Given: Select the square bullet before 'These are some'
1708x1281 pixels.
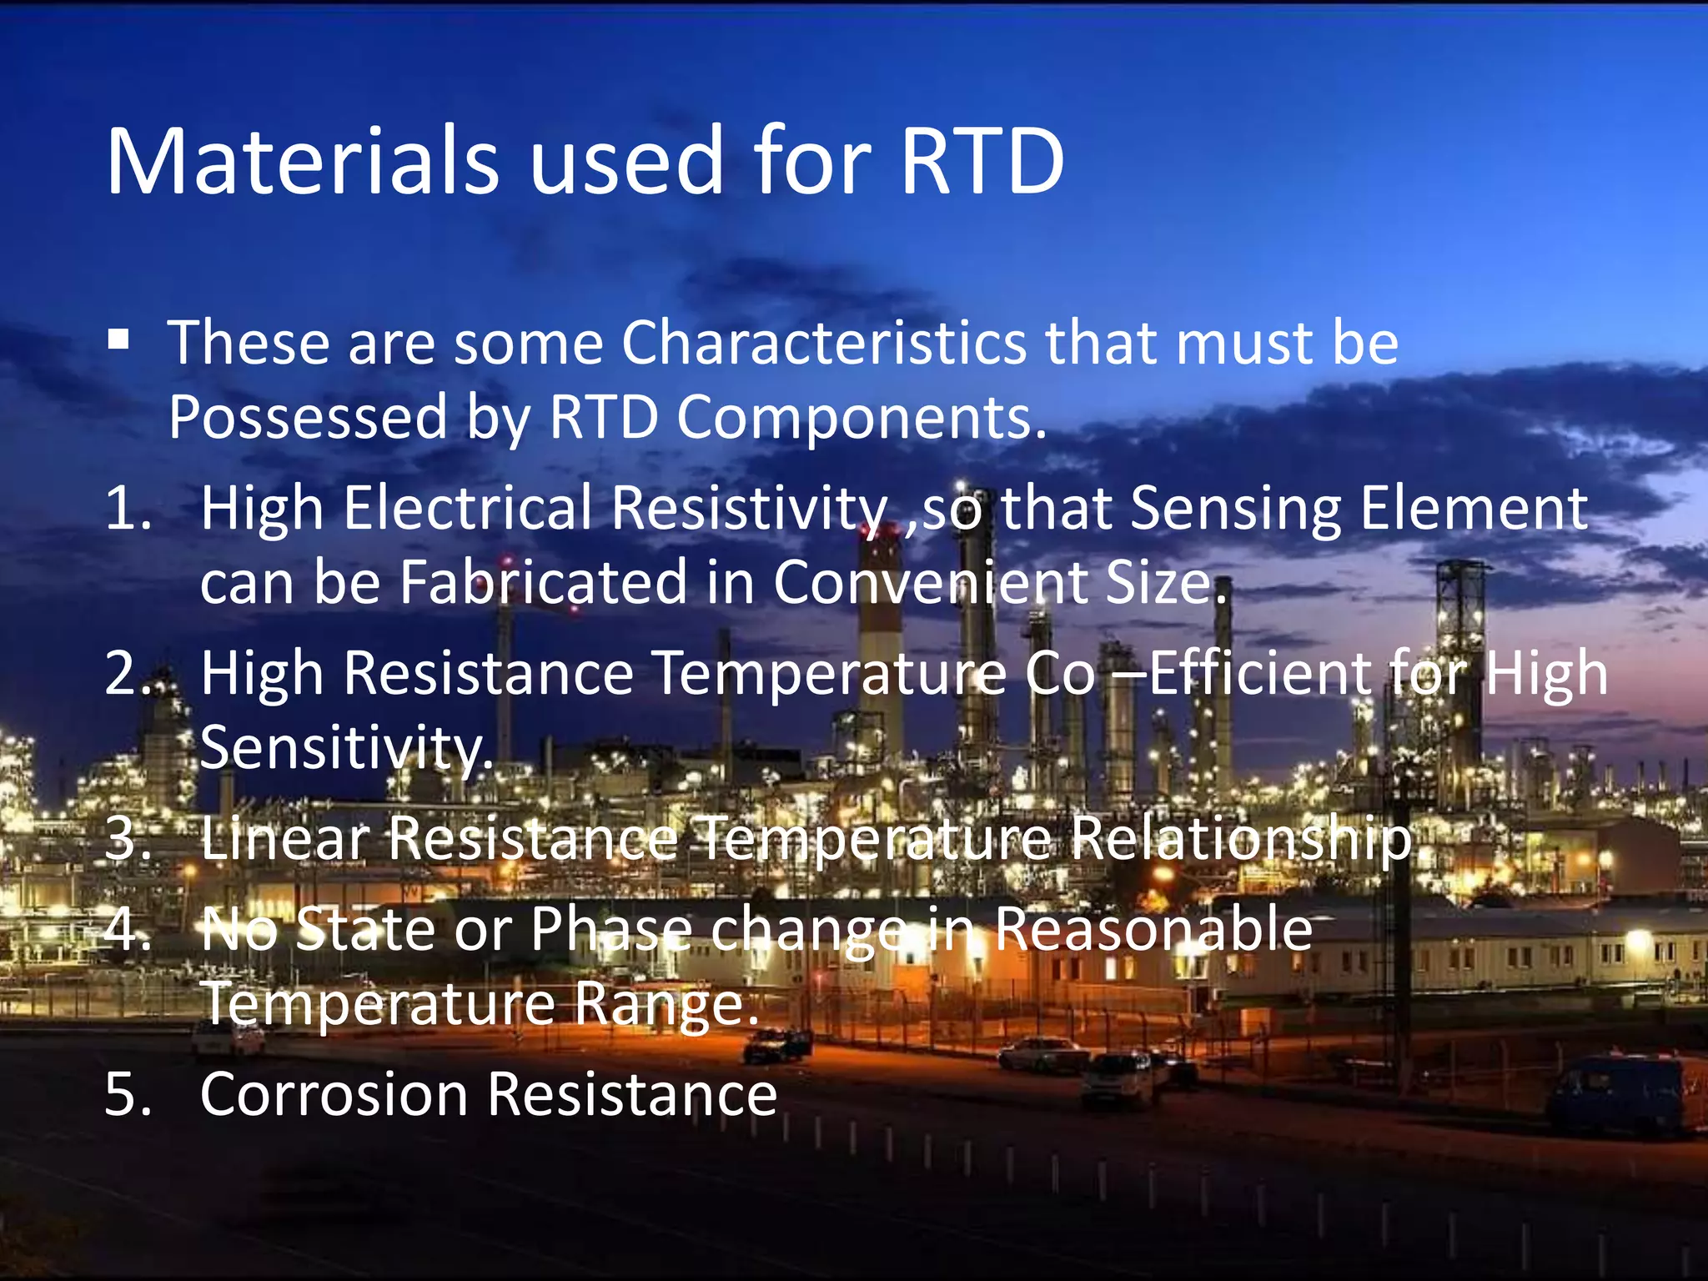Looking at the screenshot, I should pyautogui.click(x=118, y=339).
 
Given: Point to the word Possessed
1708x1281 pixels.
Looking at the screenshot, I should pyautogui.click(x=308, y=417).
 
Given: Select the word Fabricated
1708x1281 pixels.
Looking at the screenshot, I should pyautogui.click(x=543, y=582).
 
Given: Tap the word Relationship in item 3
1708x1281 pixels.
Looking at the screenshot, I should pyautogui.click(x=1242, y=839).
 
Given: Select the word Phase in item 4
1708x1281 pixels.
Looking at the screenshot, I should pyautogui.click(x=610, y=928).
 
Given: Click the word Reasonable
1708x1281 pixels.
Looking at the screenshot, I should pyautogui.click(x=1153, y=928).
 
